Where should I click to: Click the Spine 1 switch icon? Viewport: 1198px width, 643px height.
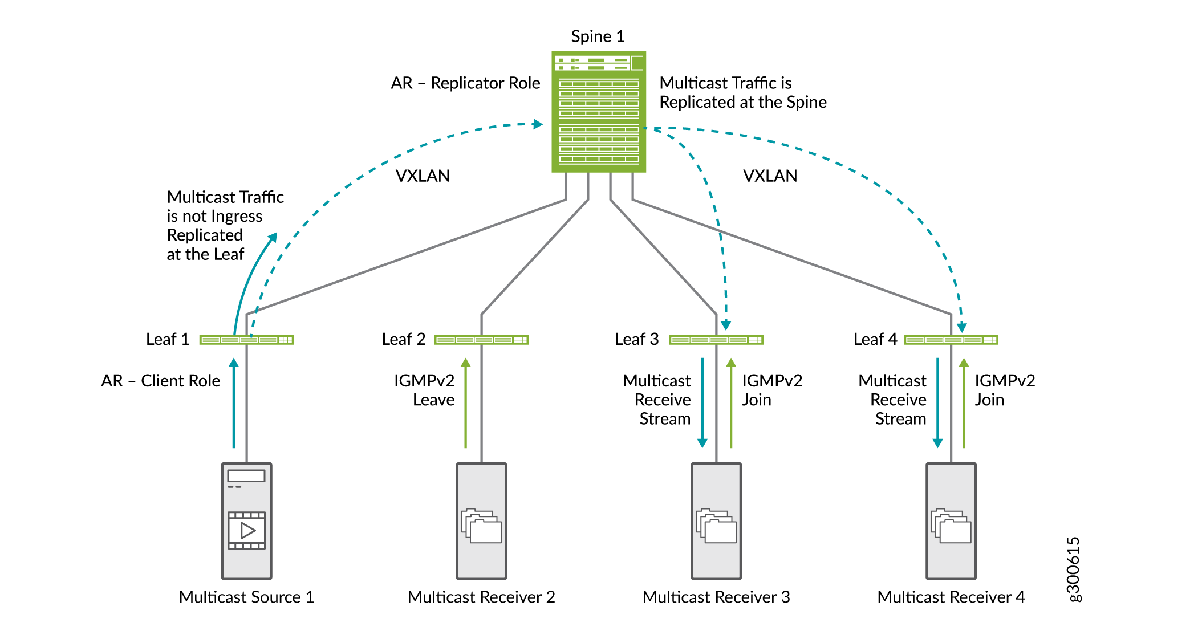pos(598,112)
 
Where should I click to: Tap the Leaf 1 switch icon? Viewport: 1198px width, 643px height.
pos(246,340)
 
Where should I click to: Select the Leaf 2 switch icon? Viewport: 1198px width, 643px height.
pos(481,340)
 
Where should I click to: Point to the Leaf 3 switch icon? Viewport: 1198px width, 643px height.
pos(716,340)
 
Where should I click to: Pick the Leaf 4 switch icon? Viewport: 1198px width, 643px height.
pos(951,340)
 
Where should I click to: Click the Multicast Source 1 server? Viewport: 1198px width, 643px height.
pos(246,520)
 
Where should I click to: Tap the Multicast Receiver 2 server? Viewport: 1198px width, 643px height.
pos(481,520)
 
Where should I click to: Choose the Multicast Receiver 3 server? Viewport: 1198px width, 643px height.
pos(716,520)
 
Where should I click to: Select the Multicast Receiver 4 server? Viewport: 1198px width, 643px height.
pos(951,520)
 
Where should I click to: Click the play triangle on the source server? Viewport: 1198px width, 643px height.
pos(247,531)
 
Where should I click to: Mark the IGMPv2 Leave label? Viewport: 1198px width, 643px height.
pos(424,390)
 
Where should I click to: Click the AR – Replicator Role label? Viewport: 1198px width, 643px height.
pos(465,83)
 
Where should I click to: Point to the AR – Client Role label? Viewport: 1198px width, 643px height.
pos(160,381)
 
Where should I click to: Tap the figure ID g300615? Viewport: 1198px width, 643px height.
pos(1073,569)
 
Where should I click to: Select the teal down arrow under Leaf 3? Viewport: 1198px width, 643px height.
pos(702,402)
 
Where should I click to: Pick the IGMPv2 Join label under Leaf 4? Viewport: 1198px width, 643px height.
pos(1004,390)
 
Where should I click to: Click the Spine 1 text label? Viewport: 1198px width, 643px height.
pos(598,36)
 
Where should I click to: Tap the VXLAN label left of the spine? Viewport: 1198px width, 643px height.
pos(423,176)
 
